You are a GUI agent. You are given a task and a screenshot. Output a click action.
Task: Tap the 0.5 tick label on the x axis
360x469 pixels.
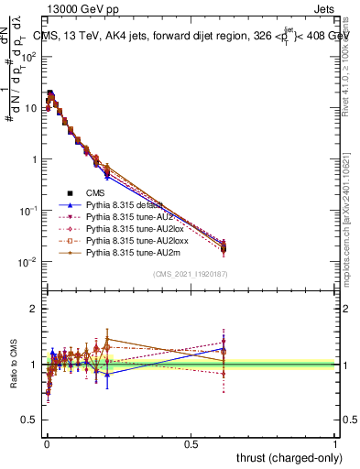[x=191, y=443]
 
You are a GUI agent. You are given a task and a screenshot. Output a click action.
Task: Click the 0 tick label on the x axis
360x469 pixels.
[x=47, y=443]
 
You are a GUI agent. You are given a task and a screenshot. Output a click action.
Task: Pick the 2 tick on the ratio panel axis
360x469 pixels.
[x=34, y=309]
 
